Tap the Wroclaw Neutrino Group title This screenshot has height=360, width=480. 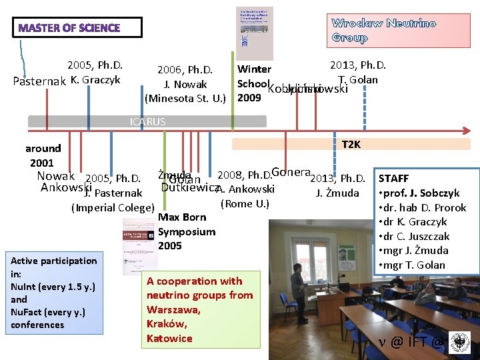[x=383, y=31]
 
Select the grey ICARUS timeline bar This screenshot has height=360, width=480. [x=147, y=121]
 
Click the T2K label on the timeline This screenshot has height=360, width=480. [x=351, y=144]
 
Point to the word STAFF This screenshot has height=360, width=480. [x=394, y=179]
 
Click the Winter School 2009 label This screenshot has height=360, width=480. [x=253, y=83]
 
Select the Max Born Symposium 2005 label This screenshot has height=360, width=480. [x=186, y=231]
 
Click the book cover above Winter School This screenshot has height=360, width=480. [x=255, y=34]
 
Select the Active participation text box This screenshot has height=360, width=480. [x=54, y=293]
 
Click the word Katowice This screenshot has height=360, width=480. [x=169, y=338]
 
